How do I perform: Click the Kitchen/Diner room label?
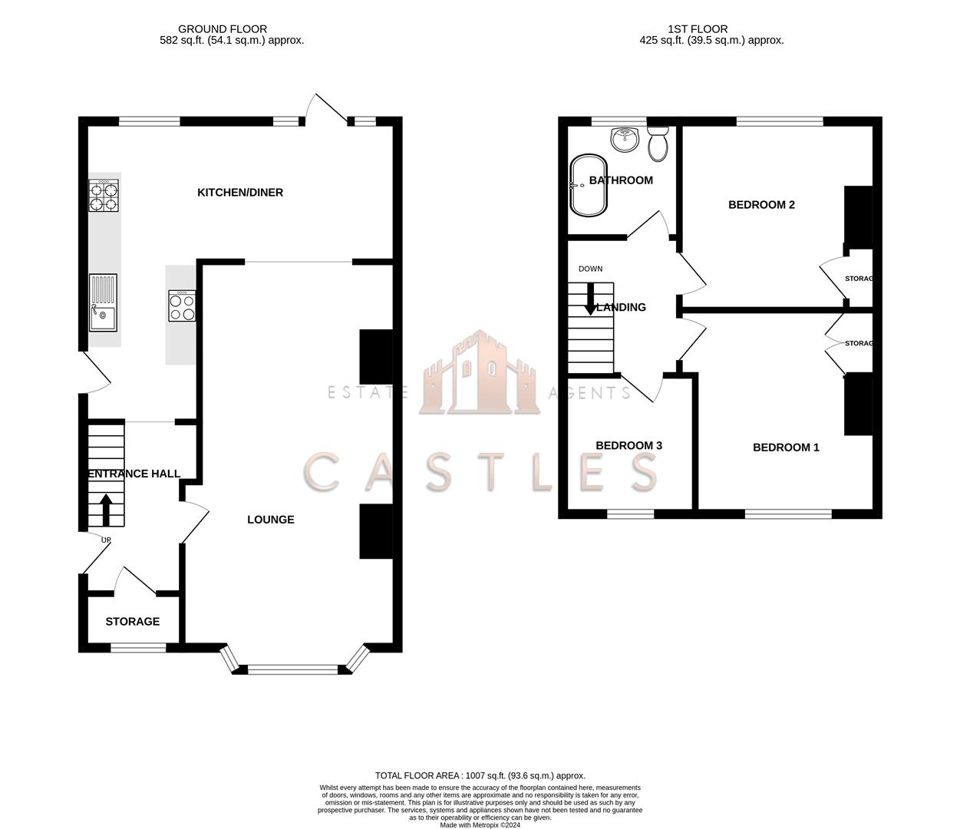240,193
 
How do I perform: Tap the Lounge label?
270,520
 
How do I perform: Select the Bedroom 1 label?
786,448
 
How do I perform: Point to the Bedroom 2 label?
761,205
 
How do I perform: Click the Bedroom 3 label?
628,446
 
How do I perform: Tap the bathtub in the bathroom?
589,186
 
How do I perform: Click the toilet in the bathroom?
658,144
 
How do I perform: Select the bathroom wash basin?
626,138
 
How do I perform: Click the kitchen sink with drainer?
104,302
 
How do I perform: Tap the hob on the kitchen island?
182,305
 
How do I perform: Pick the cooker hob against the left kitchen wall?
104,195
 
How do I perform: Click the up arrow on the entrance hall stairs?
106,509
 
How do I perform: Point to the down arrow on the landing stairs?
590,299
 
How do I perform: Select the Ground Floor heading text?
223,29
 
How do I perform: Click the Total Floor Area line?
480,776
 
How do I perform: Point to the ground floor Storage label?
133,622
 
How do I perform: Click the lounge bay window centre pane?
292,670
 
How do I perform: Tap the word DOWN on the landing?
590,269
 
